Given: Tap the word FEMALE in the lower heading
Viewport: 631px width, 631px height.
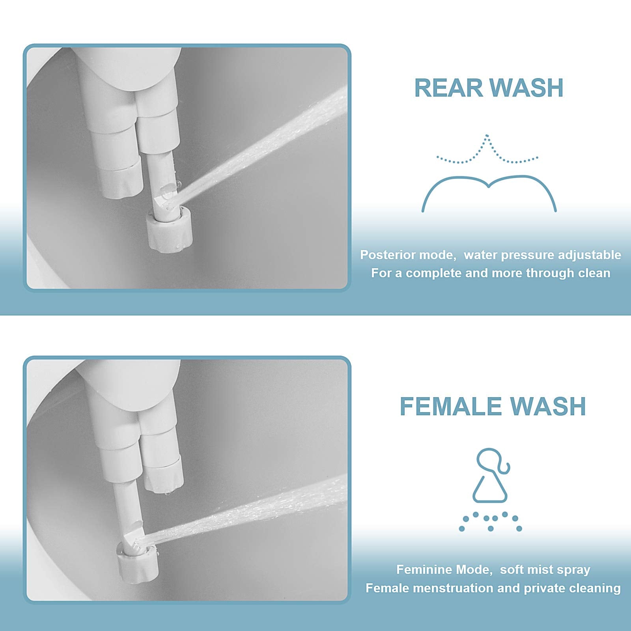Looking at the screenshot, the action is tap(450, 406).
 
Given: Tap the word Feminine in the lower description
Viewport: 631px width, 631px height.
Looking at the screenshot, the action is tap(421, 570).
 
